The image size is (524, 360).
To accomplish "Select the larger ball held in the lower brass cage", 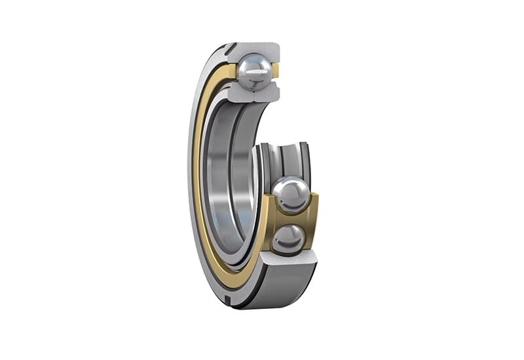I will [290, 194].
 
